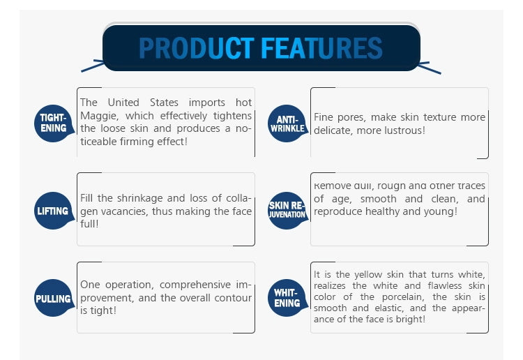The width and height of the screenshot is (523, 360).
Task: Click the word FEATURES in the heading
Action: pyautogui.click(x=321, y=48)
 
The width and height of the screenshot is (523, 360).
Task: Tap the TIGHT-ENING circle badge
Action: pyautogui.click(x=54, y=123)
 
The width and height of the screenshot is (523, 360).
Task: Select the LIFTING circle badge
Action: pyautogui.click(x=54, y=211)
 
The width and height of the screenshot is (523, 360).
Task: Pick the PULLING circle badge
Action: pyautogui.click(x=54, y=299)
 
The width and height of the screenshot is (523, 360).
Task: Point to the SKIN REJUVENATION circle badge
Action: pyautogui.click(x=287, y=210)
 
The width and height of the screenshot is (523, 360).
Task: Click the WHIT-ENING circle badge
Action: pyautogui.click(x=287, y=298)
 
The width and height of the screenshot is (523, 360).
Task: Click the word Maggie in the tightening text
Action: pyautogui.click(x=97, y=116)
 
